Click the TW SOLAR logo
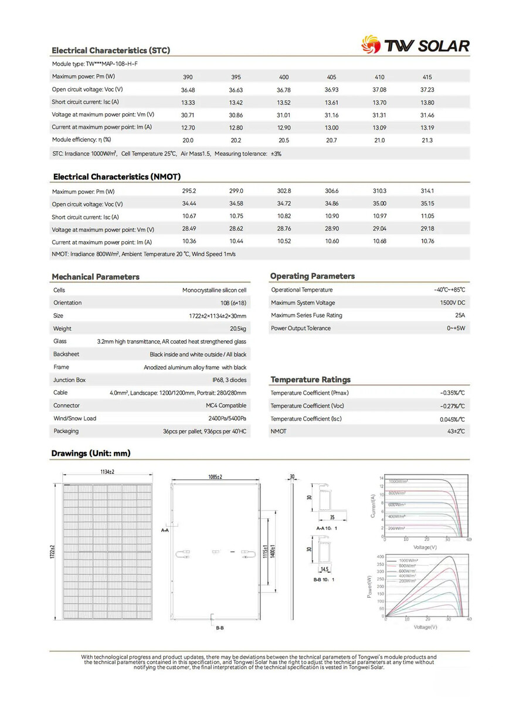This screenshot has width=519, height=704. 415,45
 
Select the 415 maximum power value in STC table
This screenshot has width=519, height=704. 428,77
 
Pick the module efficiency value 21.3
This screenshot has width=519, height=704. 428,141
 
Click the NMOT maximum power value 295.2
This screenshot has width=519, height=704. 188,191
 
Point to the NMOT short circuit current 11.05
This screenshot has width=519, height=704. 428,216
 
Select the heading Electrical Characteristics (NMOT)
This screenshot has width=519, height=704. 117,177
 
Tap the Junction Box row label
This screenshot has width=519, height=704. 69,380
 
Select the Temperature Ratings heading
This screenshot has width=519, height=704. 310,380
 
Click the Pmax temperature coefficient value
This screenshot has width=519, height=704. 452,393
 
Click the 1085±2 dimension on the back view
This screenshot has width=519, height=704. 215,477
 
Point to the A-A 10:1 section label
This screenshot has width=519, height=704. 327,529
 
